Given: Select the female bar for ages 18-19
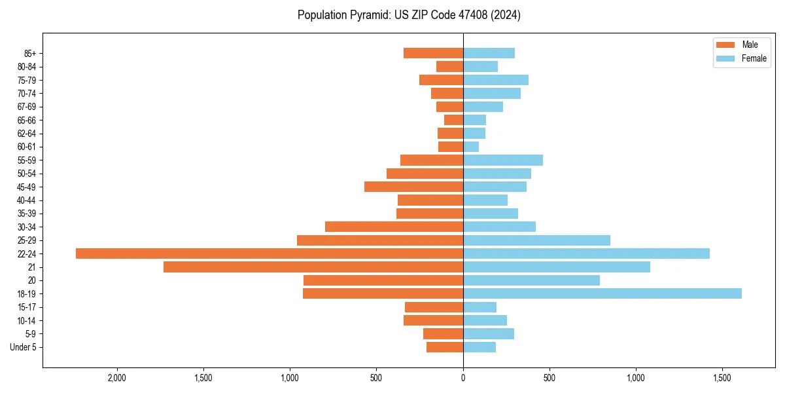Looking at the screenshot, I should (x=602, y=293).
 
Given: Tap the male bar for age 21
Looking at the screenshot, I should (x=313, y=267).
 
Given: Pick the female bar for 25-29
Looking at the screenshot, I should (x=536, y=240).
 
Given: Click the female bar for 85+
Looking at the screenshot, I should (x=489, y=53).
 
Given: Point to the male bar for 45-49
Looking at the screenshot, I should (x=413, y=187).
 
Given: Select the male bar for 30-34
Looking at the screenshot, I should (x=394, y=227).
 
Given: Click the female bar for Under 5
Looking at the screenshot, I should (x=480, y=347).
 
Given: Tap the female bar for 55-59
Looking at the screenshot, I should (x=503, y=160).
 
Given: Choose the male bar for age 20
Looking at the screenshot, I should (x=383, y=280).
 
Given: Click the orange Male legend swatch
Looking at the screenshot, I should (x=725, y=45).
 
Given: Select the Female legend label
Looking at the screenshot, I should (x=754, y=58).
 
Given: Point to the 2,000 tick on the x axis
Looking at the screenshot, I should (x=117, y=378).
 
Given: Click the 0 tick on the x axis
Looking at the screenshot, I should (x=463, y=378).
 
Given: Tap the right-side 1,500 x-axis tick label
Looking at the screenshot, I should (x=722, y=378).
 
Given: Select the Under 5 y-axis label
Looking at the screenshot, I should (x=23, y=347).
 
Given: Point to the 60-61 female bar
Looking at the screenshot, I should (x=471, y=147).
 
